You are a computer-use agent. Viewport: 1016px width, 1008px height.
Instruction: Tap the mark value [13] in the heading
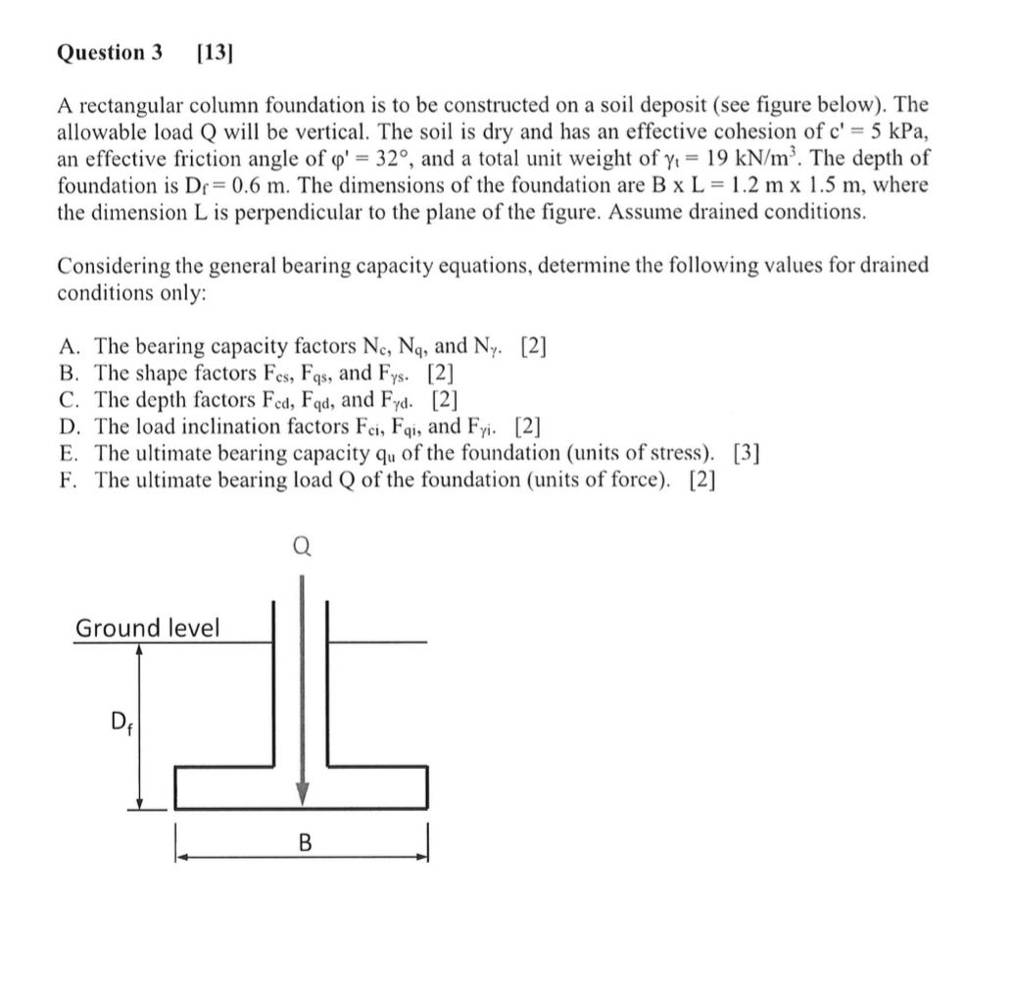[213, 53]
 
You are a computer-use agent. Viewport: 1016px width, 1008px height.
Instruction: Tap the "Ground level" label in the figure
[147, 628]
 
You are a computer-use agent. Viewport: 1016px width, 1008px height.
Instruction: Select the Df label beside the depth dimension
[117, 727]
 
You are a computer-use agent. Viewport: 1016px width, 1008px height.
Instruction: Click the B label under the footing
[304, 841]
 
